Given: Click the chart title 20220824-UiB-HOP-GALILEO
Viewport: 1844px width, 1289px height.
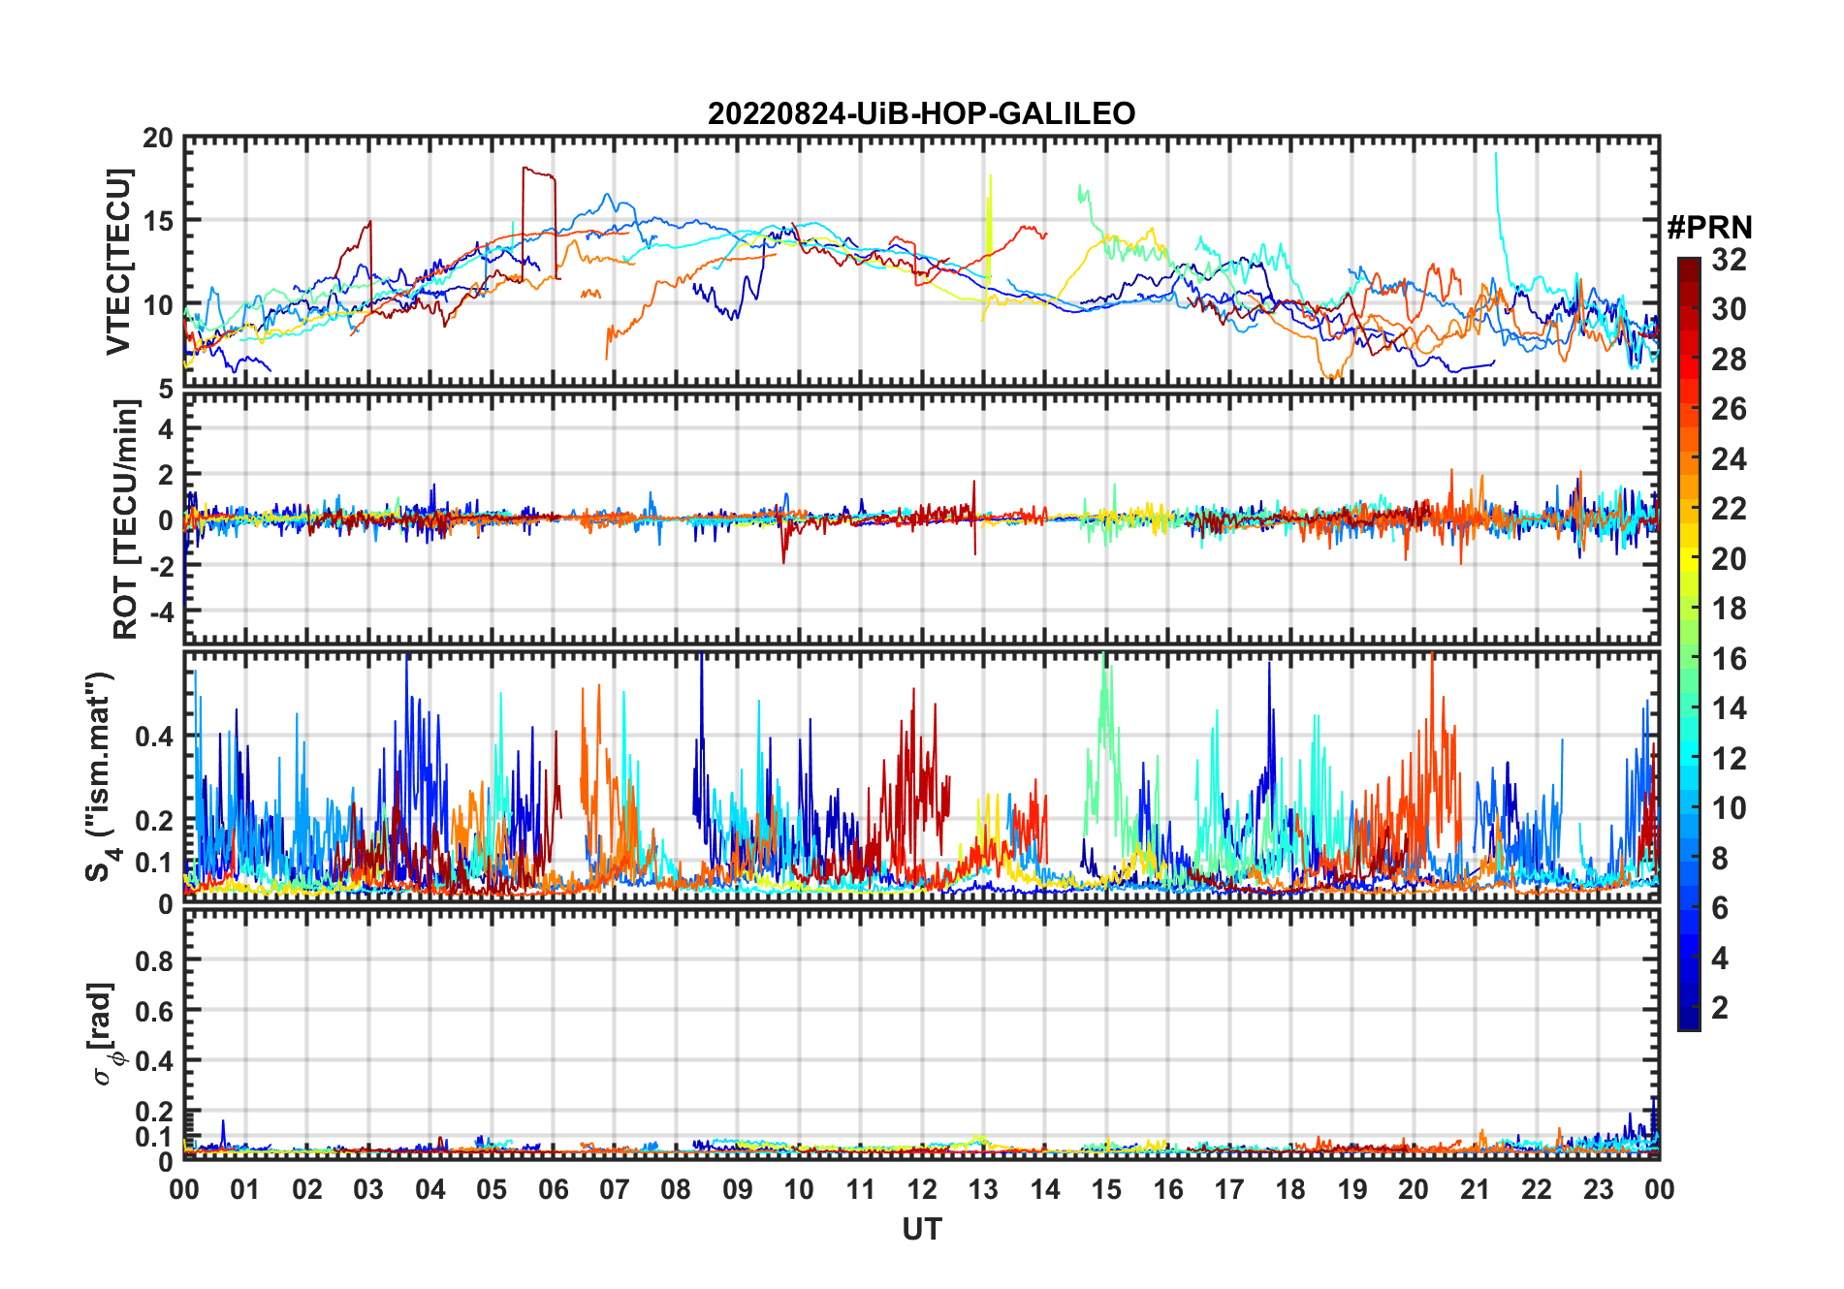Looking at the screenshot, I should tap(921, 114).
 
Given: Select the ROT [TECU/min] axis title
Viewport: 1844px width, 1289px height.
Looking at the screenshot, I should tap(125, 519).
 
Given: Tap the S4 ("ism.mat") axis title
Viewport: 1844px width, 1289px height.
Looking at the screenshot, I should tap(101, 775).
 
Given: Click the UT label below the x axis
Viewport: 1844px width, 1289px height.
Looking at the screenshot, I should tap(921, 1230).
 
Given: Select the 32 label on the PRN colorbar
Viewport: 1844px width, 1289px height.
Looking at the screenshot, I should tap(1729, 260).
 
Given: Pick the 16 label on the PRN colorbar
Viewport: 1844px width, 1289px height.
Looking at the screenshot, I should tap(1729, 659).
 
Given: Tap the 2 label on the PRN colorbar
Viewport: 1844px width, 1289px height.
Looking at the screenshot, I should tap(1720, 1008).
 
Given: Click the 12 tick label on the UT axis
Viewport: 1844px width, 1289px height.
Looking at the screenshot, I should tap(921, 1189).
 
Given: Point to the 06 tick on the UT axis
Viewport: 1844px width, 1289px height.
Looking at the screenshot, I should tap(553, 1189).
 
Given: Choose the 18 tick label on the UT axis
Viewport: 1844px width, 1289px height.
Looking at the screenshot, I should tap(1290, 1189).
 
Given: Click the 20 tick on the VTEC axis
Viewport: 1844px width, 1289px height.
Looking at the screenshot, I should tap(158, 139).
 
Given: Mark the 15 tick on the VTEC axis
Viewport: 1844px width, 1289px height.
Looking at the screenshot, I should tap(158, 221).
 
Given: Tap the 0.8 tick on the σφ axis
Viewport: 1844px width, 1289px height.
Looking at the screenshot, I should tap(153, 960).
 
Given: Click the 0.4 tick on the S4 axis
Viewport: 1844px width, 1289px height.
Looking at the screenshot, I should tap(153, 737).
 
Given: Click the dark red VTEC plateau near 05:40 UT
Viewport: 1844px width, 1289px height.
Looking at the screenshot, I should tap(538, 173).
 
